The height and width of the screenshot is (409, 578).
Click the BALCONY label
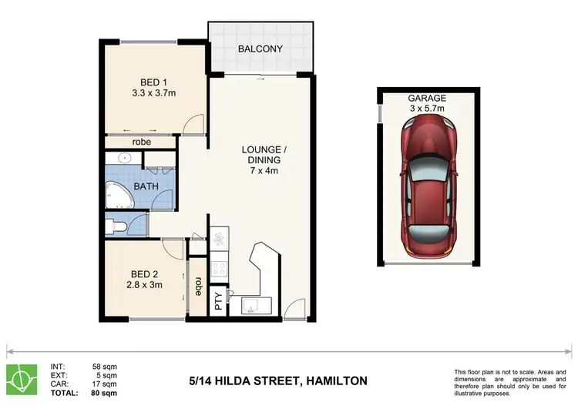tap(261, 49)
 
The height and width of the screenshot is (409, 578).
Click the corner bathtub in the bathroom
tap(119, 190)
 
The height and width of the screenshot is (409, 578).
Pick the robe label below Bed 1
tap(141, 142)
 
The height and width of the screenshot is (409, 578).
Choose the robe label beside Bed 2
tap(198, 287)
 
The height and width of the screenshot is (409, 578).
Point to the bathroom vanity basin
tap(124, 159)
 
